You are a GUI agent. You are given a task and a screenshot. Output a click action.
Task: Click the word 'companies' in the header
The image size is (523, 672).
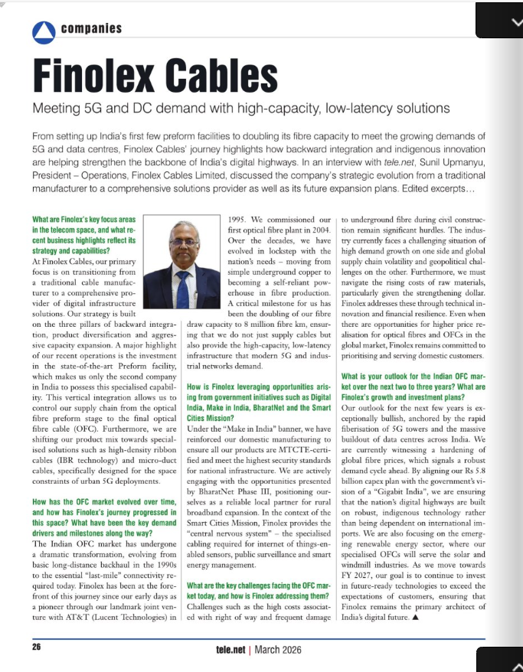[90, 30]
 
